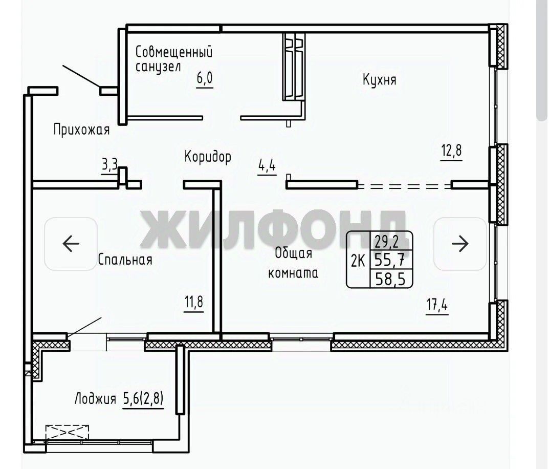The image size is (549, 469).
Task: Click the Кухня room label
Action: (380, 80)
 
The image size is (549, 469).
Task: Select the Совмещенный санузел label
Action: (173, 58)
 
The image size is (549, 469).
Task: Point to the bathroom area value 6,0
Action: (205, 78)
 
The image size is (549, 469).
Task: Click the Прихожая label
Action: (81, 130)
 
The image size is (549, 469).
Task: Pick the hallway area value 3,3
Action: (110, 164)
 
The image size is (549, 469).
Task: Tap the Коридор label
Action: (208, 157)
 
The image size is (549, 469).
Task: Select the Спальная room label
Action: (125, 260)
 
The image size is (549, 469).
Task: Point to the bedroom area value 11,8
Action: (193, 302)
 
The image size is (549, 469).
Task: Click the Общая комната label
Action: (293, 263)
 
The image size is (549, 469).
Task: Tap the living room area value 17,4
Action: (437, 304)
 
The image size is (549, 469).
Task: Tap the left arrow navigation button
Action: (71, 244)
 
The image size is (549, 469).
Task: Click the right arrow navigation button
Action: (460, 244)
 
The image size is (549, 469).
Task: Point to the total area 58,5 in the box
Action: (390, 279)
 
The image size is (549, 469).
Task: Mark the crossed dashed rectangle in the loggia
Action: (67, 432)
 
